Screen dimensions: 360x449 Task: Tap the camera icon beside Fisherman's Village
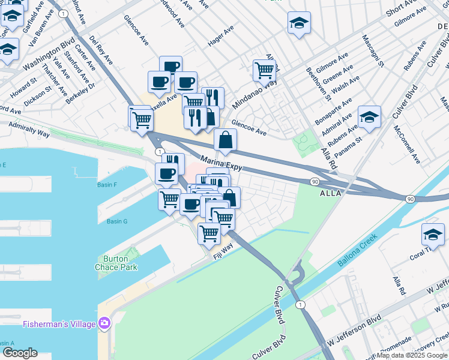(x=105, y=324)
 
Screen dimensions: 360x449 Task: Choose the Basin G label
(x=117, y=221)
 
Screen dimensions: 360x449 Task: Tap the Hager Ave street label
(x=220, y=37)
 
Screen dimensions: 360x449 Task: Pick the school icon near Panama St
(x=369, y=116)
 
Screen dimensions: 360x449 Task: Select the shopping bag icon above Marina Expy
(x=225, y=140)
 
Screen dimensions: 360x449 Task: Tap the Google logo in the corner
(x=19, y=353)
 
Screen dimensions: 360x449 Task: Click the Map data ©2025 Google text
(x=412, y=356)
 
